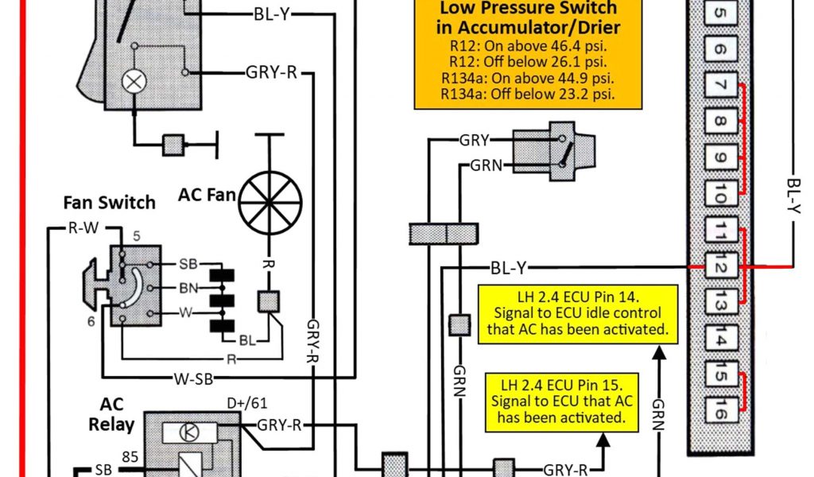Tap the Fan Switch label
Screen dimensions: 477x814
109,202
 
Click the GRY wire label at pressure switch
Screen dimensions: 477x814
474,141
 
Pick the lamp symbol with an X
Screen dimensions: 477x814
132,80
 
